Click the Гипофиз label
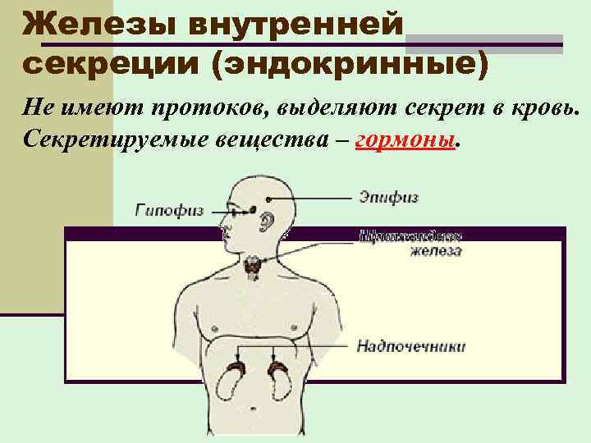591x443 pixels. [169, 210]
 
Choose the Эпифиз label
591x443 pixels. [388, 197]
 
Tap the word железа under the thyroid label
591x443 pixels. [436, 251]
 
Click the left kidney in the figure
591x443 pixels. [235, 380]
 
